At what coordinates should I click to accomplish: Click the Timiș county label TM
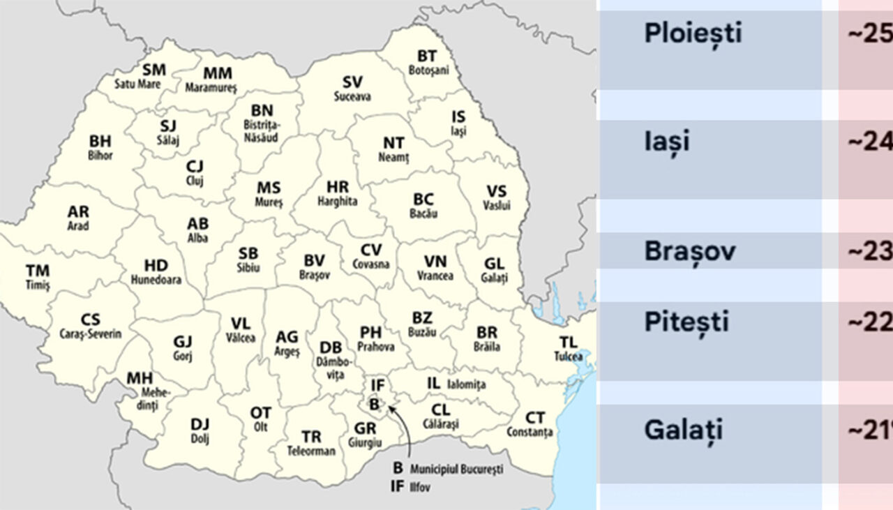(x=38, y=271)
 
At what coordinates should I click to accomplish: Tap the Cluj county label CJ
(x=195, y=167)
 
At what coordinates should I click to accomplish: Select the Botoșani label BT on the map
(x=427, y=56)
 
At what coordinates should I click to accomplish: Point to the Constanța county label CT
(x=535, y=418)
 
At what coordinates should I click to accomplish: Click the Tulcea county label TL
(x=568, y=342)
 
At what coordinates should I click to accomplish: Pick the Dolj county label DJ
(x=200, y=424)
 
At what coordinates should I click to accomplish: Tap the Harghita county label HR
(x=338, y=187)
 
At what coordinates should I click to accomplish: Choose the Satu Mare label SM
(x=154, y=70)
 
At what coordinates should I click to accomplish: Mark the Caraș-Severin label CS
(x=90, y=320)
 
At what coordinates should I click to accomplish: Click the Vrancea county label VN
(x=435, y=262)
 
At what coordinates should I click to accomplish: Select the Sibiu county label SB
(x=248, y=253)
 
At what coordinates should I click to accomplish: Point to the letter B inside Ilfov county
(x=375, y=403)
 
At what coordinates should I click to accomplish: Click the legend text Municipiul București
(x=456, y=470)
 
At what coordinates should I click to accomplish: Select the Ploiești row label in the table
(x=693, y=33)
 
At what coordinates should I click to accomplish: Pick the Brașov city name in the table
(x=689, y=251)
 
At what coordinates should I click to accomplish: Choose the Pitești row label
(x=686, y=322)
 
